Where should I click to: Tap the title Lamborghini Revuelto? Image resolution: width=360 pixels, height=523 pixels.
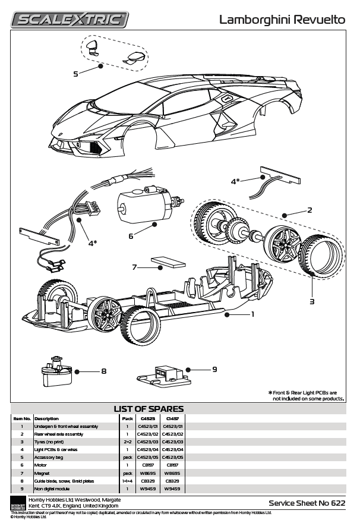(282, 20)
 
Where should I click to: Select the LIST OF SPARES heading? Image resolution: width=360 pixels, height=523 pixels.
(149, 409)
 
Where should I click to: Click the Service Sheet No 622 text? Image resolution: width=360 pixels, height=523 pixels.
(307, 503)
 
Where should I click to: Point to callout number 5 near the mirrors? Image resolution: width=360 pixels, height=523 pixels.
(75, 74)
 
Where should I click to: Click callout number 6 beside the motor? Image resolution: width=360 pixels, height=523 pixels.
(131, 235)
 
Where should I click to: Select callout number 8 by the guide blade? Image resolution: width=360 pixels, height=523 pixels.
(103, 371)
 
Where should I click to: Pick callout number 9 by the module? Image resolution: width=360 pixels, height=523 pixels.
(214, 369)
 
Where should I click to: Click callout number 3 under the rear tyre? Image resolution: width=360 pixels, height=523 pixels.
(311, 301)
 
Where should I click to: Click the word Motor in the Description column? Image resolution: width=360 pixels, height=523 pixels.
(41, 465)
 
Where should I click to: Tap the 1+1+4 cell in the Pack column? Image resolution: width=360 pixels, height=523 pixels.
(127, 480)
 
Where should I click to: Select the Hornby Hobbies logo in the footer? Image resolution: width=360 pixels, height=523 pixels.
(18, 503)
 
